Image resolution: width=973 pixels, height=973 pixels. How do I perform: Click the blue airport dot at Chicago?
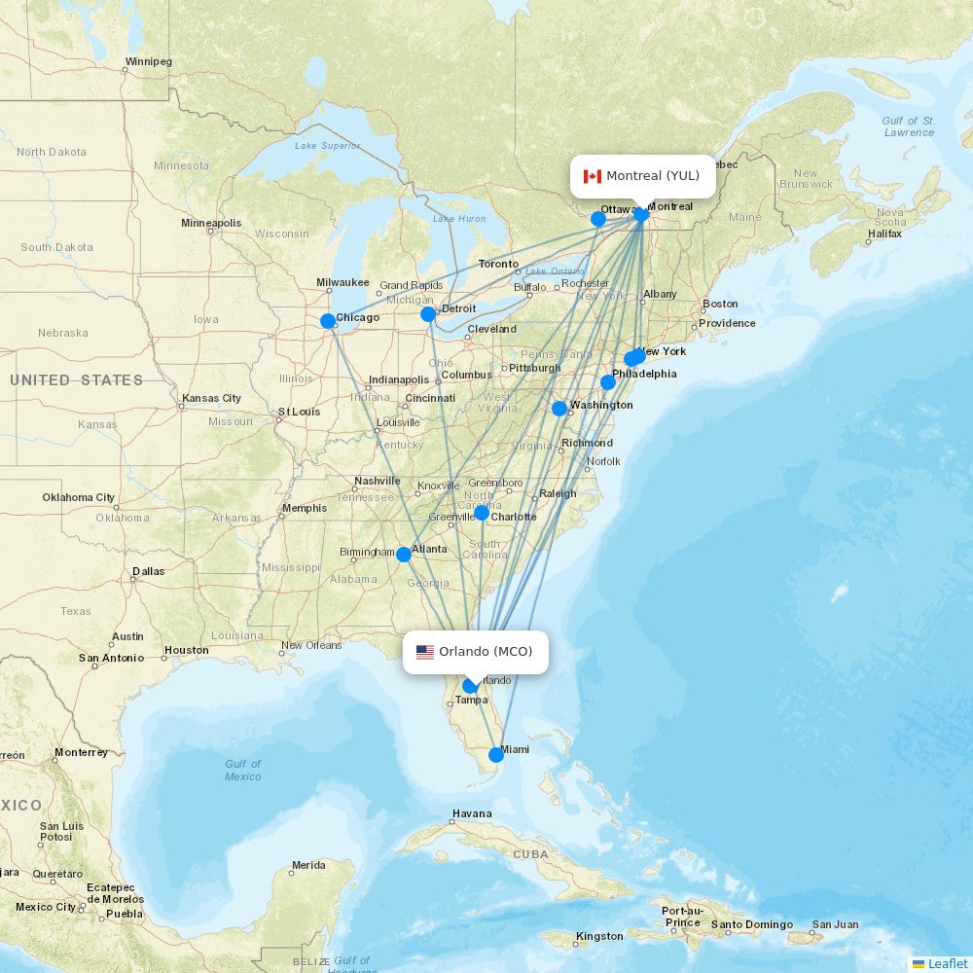[x=328, y=320]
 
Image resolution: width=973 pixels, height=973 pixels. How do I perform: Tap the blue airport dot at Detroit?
[x=428, y=313]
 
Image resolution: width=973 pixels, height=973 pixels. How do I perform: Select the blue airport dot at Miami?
[x=496, y=754]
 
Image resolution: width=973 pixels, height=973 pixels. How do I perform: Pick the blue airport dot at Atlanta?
[x=404, y=555]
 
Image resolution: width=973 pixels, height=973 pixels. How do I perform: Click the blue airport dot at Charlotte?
[x=482, y=512]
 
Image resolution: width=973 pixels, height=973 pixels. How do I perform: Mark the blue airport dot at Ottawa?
[x=598, y=219]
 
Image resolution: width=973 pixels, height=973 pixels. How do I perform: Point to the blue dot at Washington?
[x=559, y=409]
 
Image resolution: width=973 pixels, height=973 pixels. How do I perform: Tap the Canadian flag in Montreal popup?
[x=592, y=176]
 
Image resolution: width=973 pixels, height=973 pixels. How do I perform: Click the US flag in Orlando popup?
[x=425, y=652]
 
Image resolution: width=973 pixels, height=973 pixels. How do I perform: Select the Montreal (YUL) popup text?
[x=653, y=176]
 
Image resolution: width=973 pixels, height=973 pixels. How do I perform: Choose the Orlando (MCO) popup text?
[x=486, y=652]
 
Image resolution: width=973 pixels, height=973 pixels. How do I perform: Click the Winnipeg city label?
[x=148, y=62]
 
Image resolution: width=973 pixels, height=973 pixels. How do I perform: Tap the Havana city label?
[x=472, y=813]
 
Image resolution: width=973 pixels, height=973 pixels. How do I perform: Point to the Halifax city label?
[x=884, y=234]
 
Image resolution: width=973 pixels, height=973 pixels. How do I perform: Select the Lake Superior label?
[x=327, y=146]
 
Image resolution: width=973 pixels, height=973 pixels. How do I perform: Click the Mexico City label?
[x=46, y=907]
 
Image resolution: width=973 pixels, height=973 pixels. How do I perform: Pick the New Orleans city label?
[x=311, y=645]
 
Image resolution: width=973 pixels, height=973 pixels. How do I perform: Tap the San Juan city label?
[x=836, y=924]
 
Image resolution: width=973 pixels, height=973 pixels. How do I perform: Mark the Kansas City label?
[x=211, y=399]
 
